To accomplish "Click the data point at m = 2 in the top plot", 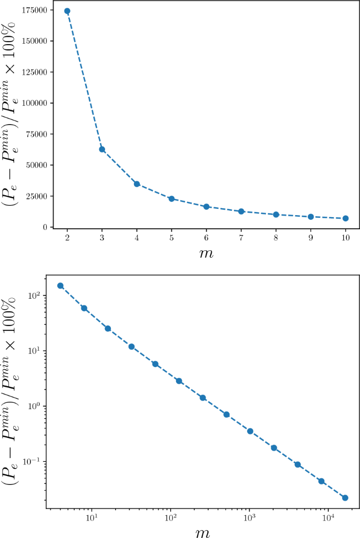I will (67, 11).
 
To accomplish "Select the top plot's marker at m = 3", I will (102, 149).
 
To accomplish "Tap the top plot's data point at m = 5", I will (171, 199).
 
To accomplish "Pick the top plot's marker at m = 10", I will (345, 218).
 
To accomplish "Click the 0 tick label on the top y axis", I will (46, 227).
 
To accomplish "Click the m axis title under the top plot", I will (206, 255).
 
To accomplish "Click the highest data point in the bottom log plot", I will (60, 286).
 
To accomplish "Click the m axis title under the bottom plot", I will (203, 532).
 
